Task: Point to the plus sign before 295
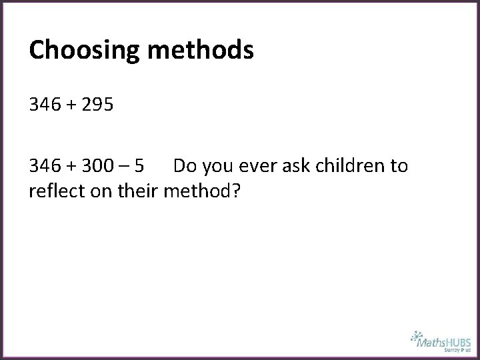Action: (69, 105)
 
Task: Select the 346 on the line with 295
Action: (43, 105)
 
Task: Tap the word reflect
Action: (52, 191)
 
